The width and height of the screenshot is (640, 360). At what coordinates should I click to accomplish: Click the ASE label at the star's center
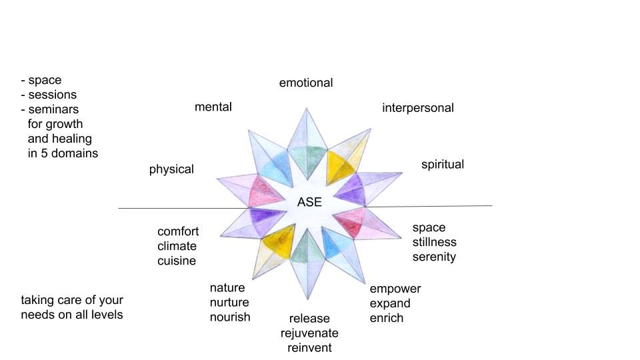[309, 203]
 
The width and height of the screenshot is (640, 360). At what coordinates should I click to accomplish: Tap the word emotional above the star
[306, 83]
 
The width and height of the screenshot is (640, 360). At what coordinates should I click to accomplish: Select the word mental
[213, 107]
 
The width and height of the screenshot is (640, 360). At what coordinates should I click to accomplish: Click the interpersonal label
[417, 107]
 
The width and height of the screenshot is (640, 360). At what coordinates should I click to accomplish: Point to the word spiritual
[443, 164]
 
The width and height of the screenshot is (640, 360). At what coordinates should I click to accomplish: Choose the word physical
[171, 169]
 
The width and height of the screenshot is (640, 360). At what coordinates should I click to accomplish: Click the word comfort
[178, 231]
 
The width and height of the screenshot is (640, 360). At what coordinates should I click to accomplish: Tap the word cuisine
[177, 261]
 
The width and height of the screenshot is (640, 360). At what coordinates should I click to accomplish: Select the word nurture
[229, 302]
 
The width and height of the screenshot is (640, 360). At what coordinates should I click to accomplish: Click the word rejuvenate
[309, 333]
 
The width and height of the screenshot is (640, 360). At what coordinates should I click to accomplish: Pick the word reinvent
[309, 347]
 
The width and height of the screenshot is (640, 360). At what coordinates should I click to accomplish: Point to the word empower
[395, 289]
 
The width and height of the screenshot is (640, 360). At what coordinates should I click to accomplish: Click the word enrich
[387, 318]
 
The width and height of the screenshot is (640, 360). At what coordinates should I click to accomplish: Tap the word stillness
[435, 242]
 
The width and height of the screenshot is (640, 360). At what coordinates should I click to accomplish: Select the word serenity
[434, 257]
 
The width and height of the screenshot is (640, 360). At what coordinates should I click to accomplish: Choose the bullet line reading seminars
[52, 109]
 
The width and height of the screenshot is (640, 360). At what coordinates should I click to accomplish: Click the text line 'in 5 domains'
[63, 153]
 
